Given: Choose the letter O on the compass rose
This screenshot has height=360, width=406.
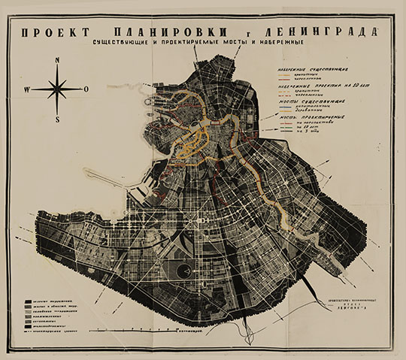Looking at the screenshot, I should pos(86,89).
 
